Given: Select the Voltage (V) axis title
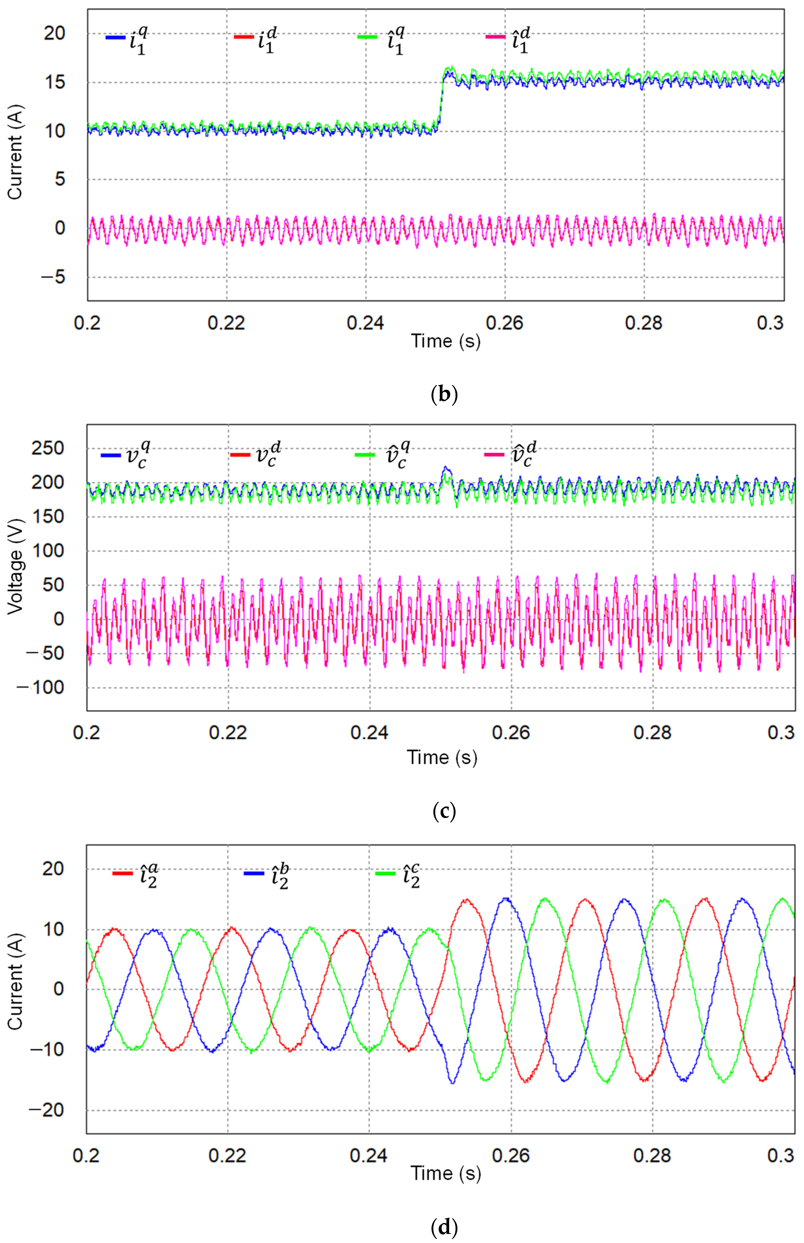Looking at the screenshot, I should (16, 567).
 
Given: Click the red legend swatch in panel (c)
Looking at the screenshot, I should (240, 455).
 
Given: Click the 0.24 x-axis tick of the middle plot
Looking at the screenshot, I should (369, 733).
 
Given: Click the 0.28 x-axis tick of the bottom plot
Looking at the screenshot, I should (652, 1155).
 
